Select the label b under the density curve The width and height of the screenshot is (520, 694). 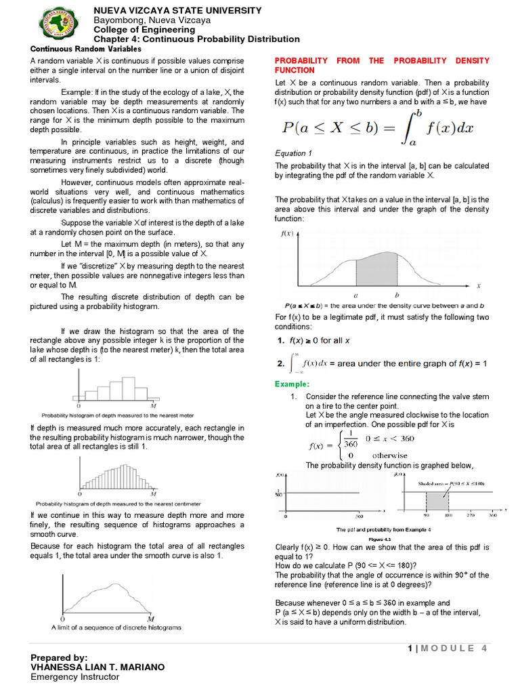tap(396, 295)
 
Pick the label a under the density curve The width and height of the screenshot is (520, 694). tap(356, 295)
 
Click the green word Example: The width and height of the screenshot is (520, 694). tap(292, 384)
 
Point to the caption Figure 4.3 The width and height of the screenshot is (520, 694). tap(384, 539)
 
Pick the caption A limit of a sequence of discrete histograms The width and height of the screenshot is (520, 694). tap(116, 628)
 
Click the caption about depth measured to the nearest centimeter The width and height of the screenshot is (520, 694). tap(118, 504)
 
